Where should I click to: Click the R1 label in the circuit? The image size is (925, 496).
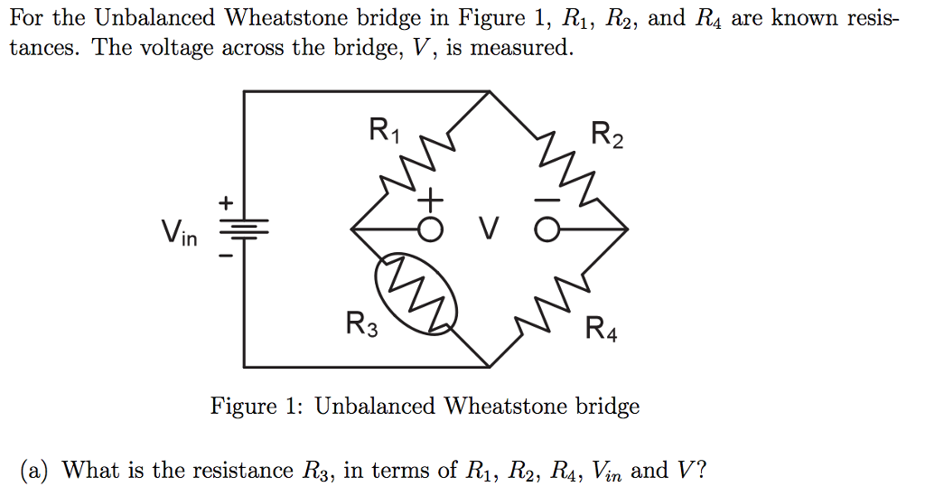tap(382, 132)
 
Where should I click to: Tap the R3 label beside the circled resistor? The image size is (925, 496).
tap(362, 323)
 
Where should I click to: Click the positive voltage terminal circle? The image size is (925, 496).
tap(431, 231)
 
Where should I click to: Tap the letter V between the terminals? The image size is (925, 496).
tap(489, 231)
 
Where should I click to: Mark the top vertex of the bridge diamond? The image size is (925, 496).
tap(489, 91)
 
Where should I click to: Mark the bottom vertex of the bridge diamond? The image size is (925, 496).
tap(489, 368)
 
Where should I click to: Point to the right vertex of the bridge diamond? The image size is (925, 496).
tap(627, 230)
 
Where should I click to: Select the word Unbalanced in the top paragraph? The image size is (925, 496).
tap(154, 17)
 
